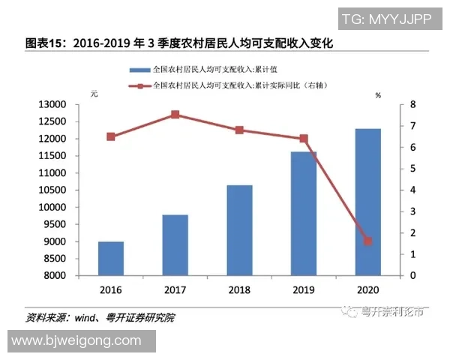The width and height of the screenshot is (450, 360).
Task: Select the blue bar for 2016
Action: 111,258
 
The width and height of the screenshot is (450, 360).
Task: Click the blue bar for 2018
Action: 239,230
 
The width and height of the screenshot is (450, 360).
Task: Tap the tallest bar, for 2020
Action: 367,202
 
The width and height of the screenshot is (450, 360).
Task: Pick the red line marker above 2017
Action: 175,115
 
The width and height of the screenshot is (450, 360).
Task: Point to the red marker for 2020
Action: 367,241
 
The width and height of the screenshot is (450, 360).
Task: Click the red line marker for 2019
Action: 304,139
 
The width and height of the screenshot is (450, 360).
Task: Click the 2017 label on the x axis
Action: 175,289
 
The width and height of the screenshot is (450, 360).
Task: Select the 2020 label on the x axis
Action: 367,289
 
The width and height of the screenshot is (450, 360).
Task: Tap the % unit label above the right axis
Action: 378,95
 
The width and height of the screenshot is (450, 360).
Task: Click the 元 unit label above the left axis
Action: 94,94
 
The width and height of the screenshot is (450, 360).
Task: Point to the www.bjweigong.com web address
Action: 76,341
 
